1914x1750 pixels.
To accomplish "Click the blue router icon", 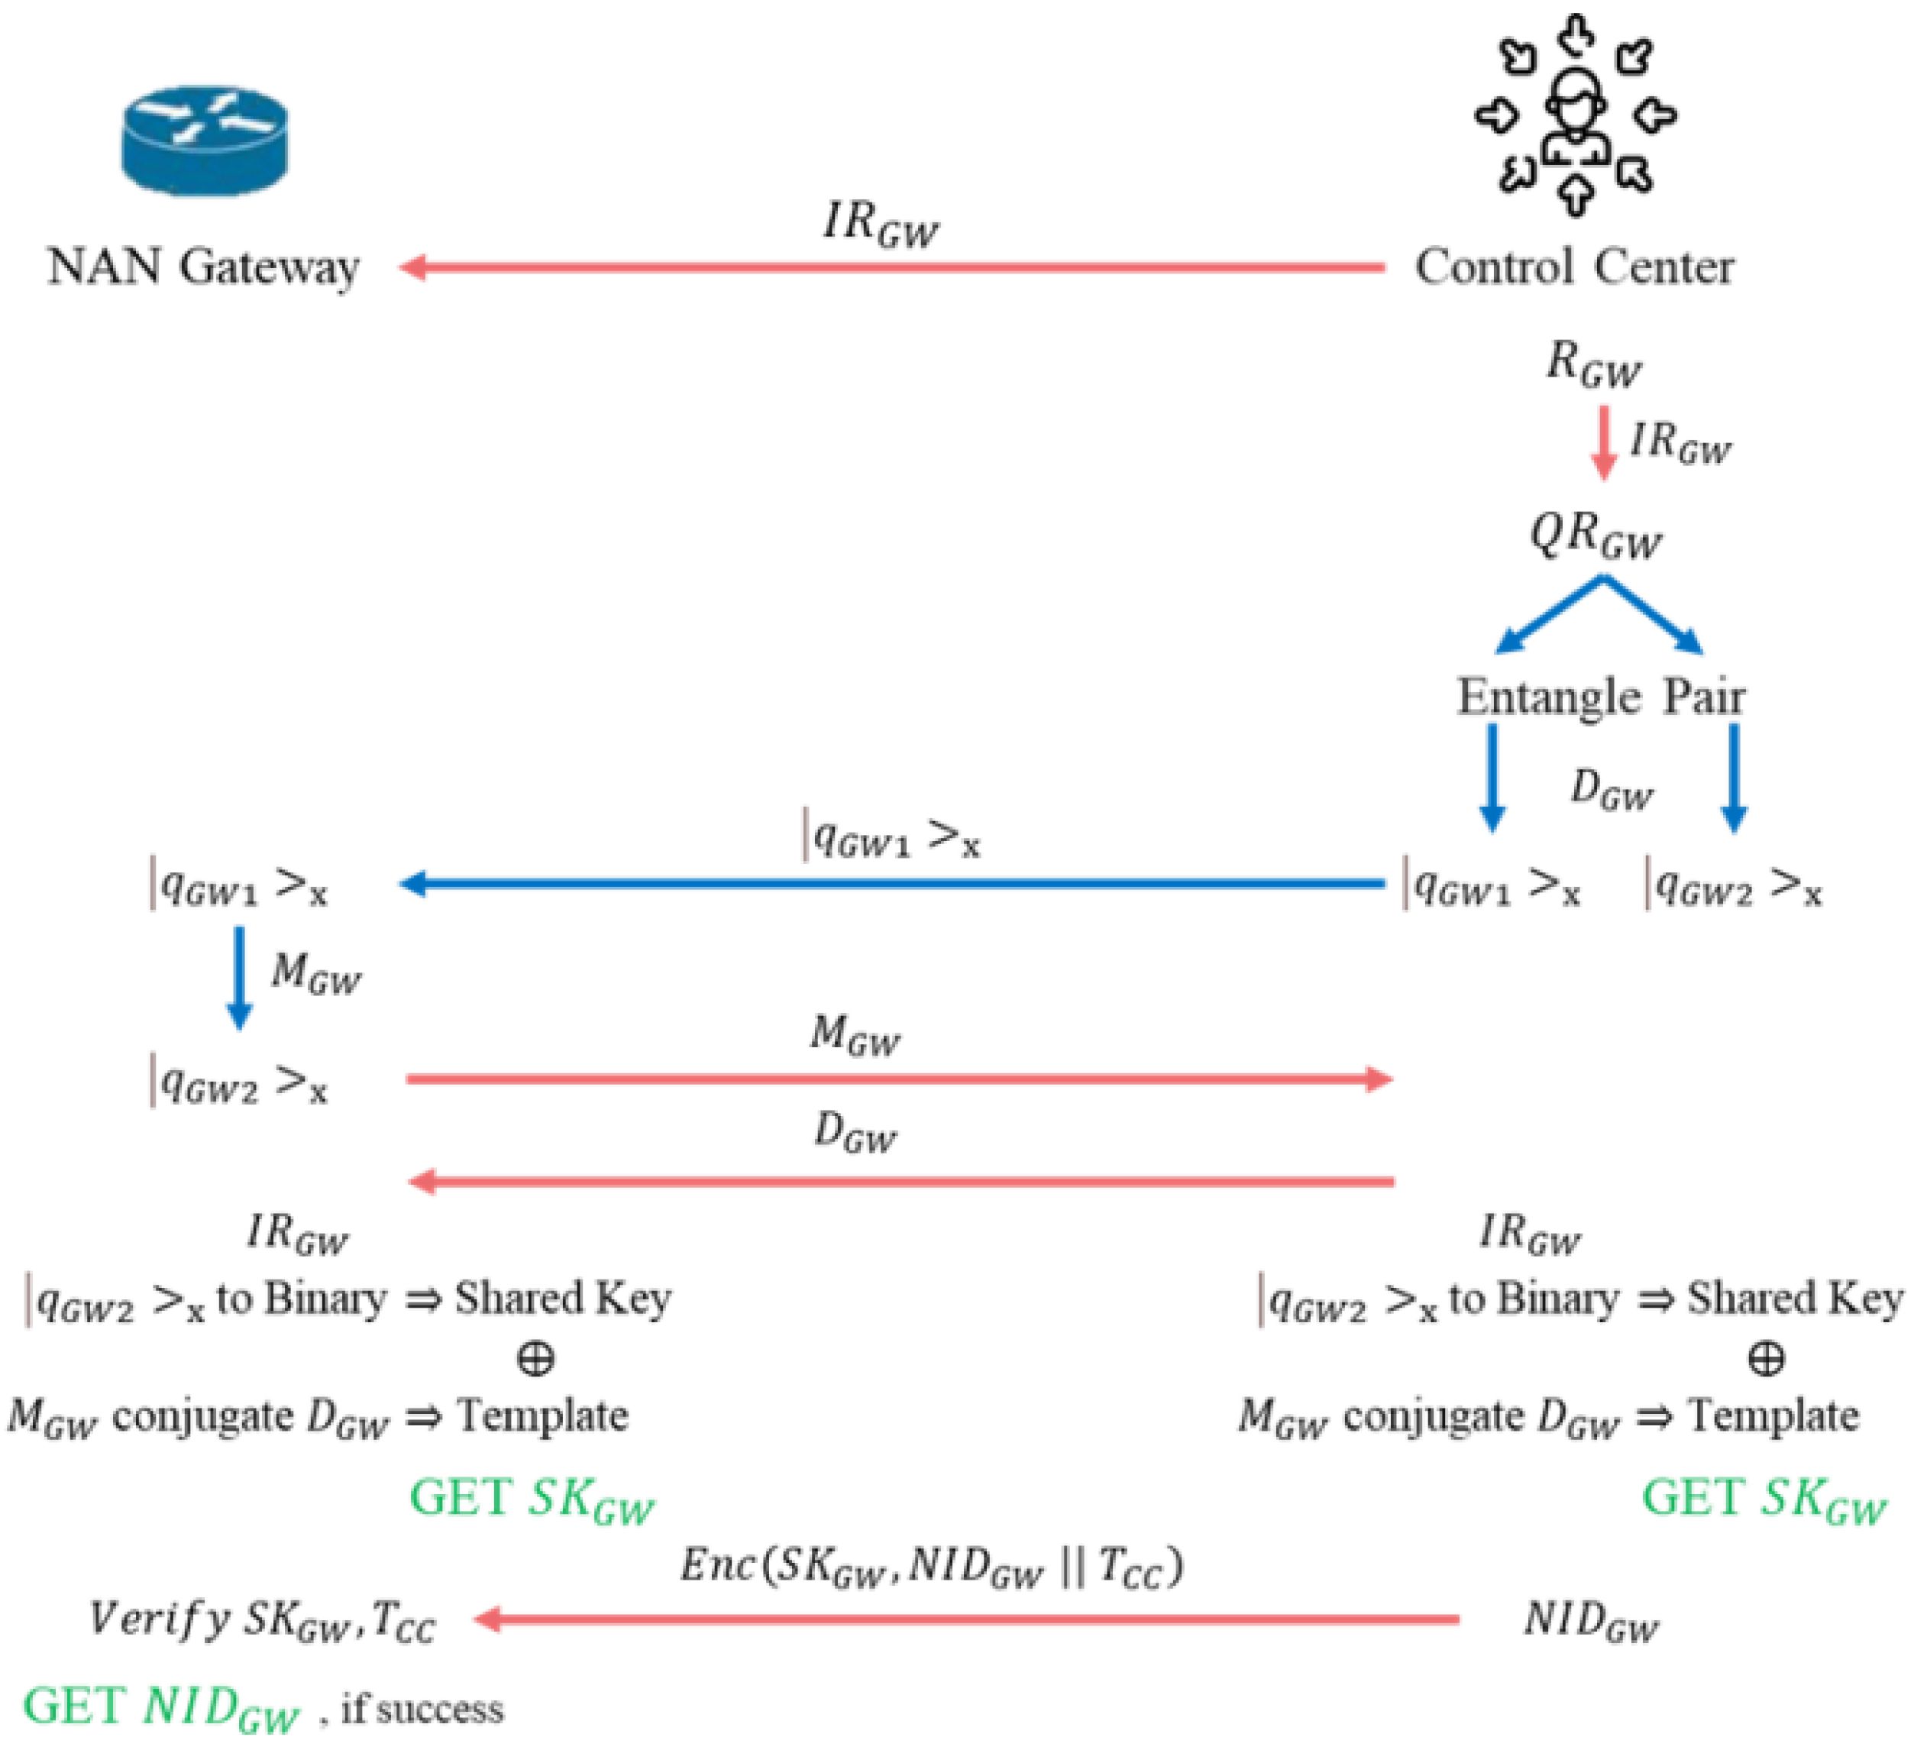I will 204,141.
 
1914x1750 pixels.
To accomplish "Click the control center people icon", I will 1576,116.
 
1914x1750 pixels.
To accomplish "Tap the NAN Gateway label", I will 203,267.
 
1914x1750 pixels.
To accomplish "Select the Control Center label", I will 1574,267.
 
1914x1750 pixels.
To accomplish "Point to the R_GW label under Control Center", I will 1593,366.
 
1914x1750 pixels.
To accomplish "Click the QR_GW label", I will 1595,536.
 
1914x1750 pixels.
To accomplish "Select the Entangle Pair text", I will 1601,697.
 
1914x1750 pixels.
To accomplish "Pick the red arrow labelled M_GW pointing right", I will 898,1079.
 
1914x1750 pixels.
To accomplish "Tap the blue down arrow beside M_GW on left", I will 239,978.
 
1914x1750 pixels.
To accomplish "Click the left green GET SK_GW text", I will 532,1500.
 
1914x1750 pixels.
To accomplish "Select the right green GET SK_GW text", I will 1764,1500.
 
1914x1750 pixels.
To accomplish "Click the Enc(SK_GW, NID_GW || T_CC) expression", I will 930,1566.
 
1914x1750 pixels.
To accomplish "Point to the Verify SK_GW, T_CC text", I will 262,1620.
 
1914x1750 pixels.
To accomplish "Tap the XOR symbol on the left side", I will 535,1359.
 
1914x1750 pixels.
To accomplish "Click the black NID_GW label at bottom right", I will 1591,1621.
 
